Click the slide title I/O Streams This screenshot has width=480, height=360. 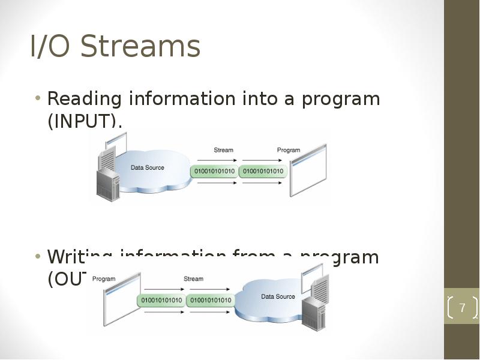(x=115, y=46)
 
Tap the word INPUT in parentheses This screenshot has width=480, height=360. (x=84, y=121)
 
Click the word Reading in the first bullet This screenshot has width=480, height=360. (x=84, y=98)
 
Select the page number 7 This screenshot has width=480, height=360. (x=462, y=308)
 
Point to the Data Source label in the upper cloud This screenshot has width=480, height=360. (x=147, y=167)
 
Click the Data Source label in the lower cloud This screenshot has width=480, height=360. (x=278, y=296)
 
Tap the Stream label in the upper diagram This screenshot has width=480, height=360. (x=223, y=149)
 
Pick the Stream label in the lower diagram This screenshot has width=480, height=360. (x=193, y=278)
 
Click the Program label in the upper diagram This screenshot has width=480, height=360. (x=288, y=149)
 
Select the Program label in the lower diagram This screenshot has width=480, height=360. (x=104, y=278)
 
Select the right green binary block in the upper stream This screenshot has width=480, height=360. (x=263, y=172)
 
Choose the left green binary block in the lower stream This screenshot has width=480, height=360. (x=161, y=299)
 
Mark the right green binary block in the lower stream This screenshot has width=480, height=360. (x=209, y=299)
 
